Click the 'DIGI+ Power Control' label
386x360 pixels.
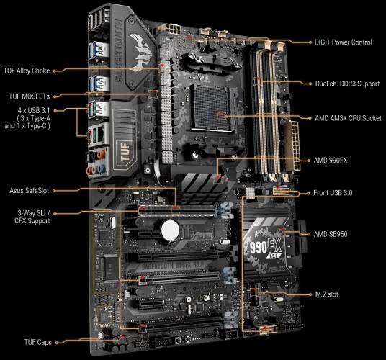point(344,42)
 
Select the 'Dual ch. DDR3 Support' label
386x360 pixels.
point(348,84)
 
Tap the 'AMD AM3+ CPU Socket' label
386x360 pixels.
point(348,117)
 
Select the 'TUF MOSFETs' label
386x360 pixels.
point(31,95)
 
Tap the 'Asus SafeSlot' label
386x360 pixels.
point(28,190)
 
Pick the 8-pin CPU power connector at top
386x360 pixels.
point(174,29)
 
